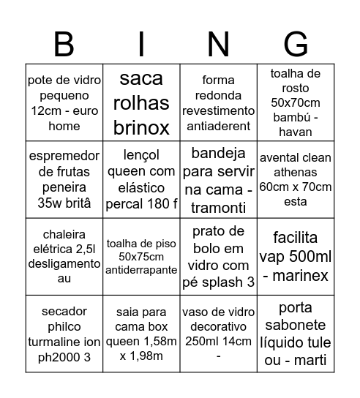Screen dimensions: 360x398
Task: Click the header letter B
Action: click(x=64, y=45)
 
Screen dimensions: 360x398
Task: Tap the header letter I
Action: click(x=141, y=45)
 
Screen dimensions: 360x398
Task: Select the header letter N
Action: click(x=218, y=45)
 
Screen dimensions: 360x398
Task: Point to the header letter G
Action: click(x=296, y=45)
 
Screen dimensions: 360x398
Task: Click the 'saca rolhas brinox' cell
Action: click(x=141, y=102)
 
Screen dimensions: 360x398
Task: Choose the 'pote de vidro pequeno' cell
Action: click(x=64, y=102)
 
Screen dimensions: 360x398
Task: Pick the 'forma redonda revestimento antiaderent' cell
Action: click(x=218, y=102)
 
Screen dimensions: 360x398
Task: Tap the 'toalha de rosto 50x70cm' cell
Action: click(x=296, y=102)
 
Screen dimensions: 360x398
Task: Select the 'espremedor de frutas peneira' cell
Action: click(x=64, y=179)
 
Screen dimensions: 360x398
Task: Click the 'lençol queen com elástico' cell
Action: click(x=141, y=179)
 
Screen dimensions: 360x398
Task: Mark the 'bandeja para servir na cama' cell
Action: click(x=218, y=179)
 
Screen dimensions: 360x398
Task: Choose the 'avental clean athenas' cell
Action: click(x=296, y=179)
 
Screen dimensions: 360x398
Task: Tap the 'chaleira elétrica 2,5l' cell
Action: click(x=64, y=257)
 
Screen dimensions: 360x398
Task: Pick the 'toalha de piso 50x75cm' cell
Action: click(x=141, y=257)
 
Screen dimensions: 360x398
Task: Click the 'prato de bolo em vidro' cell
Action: click(x=218, y=257)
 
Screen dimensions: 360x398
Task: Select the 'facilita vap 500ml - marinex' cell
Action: click(x=296, y=257)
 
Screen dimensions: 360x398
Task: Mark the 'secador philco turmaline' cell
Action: click(x=64, y=334)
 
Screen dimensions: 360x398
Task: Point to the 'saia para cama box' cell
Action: click(x=141, y=334)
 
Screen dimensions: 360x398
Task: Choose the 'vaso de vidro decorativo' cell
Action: click(x=218, y=334)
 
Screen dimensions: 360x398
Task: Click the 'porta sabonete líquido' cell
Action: click(x=296, y=334)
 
